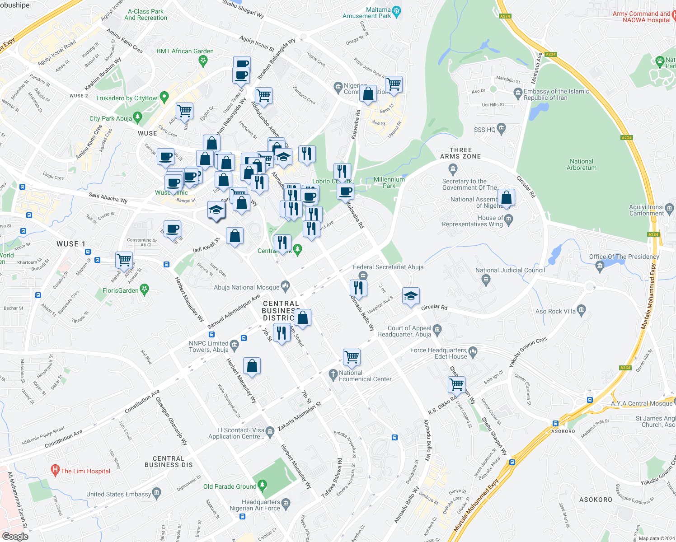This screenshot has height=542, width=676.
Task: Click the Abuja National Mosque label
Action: [247, 287]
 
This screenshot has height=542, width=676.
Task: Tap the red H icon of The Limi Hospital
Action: [56, 471]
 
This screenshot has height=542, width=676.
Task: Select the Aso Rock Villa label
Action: [555, 311]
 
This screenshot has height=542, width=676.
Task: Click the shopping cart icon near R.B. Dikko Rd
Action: [456, 384]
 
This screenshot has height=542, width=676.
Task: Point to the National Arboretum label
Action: [582, 164]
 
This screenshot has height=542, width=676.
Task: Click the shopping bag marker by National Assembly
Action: [507, 197]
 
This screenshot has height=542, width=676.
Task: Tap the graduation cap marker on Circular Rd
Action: [410, 296]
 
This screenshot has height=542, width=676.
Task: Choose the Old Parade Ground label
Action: [230, 486]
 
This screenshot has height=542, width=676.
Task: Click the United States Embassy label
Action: [118, 494]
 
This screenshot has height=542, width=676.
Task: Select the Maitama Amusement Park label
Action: [366, 13]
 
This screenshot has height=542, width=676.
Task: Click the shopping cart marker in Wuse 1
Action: [124, 260]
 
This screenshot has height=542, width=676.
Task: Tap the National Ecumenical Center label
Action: [365, 376]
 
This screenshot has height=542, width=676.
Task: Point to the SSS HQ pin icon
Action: [501, 129]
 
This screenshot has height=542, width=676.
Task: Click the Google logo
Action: [15, 536]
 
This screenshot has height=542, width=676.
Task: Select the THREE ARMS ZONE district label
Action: [460, 153]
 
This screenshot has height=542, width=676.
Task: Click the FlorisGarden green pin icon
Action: [145, 290]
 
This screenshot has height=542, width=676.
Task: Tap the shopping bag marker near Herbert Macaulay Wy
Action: [252, 365]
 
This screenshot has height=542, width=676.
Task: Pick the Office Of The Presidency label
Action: [624, 257]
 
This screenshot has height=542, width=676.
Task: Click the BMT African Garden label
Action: [185, 51]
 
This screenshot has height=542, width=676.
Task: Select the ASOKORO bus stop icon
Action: [555, 424]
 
